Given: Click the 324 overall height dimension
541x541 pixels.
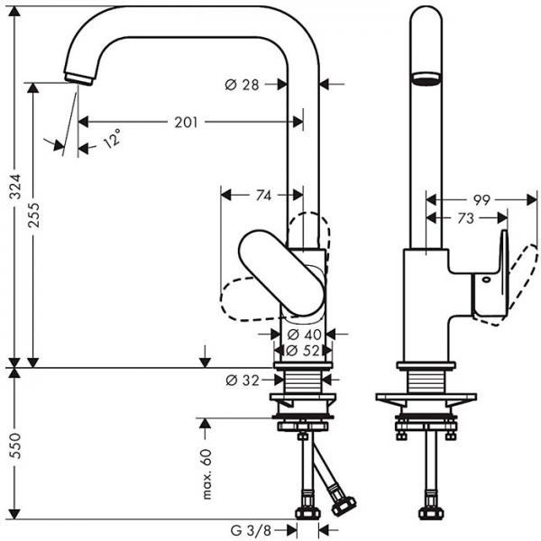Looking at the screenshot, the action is pos(15,187).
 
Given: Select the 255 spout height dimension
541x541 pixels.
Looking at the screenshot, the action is pos(34,215).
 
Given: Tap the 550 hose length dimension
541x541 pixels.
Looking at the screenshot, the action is pos(15,445).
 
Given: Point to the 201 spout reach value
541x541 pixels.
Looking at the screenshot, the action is pos(186,122).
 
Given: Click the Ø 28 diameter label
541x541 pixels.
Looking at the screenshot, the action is pos(242,85).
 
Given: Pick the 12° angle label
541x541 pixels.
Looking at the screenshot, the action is pos(112,138).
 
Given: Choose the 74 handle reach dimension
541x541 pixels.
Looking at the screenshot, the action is pos(263,196).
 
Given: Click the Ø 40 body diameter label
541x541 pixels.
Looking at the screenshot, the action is pos(305,334).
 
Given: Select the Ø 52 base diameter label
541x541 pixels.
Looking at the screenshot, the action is pos(303,351).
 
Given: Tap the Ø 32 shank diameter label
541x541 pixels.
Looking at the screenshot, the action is pos(243,381).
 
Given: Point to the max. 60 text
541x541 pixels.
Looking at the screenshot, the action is pos(206,474).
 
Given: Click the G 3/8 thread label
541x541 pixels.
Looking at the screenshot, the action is pos(251,530).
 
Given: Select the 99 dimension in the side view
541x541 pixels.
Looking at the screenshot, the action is pos(481,200).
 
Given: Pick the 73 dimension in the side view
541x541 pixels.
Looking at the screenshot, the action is pos(465,218).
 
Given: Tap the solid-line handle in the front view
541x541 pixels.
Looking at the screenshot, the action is pos(281,272).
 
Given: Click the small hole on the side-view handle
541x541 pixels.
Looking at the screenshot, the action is pos(487,280).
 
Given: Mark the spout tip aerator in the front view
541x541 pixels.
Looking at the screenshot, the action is pos(78,78).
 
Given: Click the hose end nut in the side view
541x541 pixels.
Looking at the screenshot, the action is pos(429,513).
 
